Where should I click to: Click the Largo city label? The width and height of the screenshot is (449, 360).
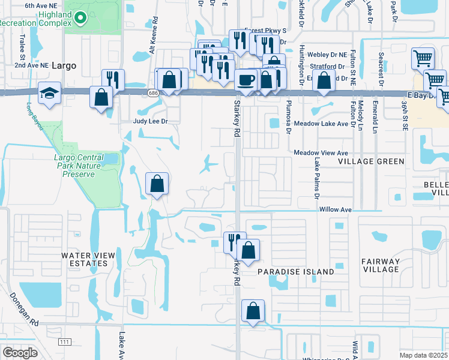[64, 65]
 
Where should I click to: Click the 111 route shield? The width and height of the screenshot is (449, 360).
[64, 341]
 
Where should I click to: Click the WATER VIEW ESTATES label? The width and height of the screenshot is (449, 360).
[88, 259]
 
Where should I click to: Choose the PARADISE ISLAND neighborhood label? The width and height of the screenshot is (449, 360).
[295, 272]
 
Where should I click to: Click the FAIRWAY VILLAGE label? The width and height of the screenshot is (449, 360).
[381, 265]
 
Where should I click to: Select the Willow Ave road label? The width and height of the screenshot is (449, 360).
[335, 210]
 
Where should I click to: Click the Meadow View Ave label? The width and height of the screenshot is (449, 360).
[321, 153]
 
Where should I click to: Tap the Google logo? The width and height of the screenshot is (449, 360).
[20, 353]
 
